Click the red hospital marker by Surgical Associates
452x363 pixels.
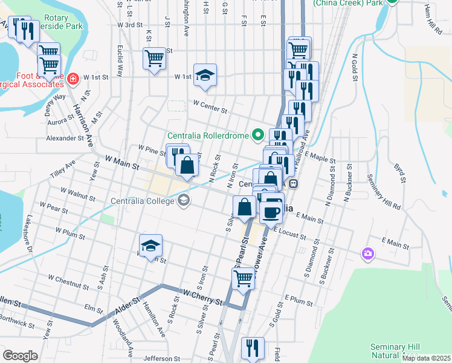click(73, 78)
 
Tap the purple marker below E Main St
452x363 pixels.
click(367, 254)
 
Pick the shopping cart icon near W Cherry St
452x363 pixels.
click(243, 278)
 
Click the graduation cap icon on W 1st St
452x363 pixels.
click(205, 75)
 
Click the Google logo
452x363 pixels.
click(19, 356)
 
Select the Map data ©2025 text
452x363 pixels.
click(427, 358)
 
